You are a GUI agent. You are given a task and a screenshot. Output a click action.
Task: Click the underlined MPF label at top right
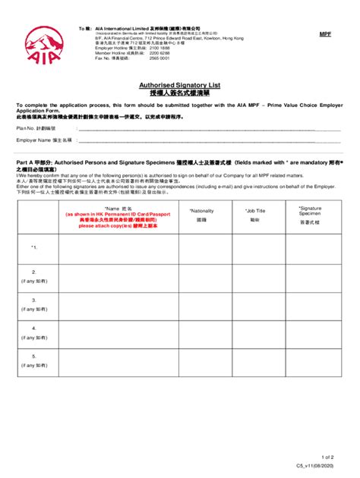pyautogui.click(x=324, y=35)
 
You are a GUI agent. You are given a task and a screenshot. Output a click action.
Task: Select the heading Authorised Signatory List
pyautogui.click(x=180, y=86)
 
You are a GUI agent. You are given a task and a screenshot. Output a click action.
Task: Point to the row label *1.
pyautogui.click(x=34, y=247)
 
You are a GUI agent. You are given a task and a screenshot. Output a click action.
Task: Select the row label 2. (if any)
pyautogui.click(x=34, y=275)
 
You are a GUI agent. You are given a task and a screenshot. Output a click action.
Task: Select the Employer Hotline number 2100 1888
pyautogui.click(x=160, y=48)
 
